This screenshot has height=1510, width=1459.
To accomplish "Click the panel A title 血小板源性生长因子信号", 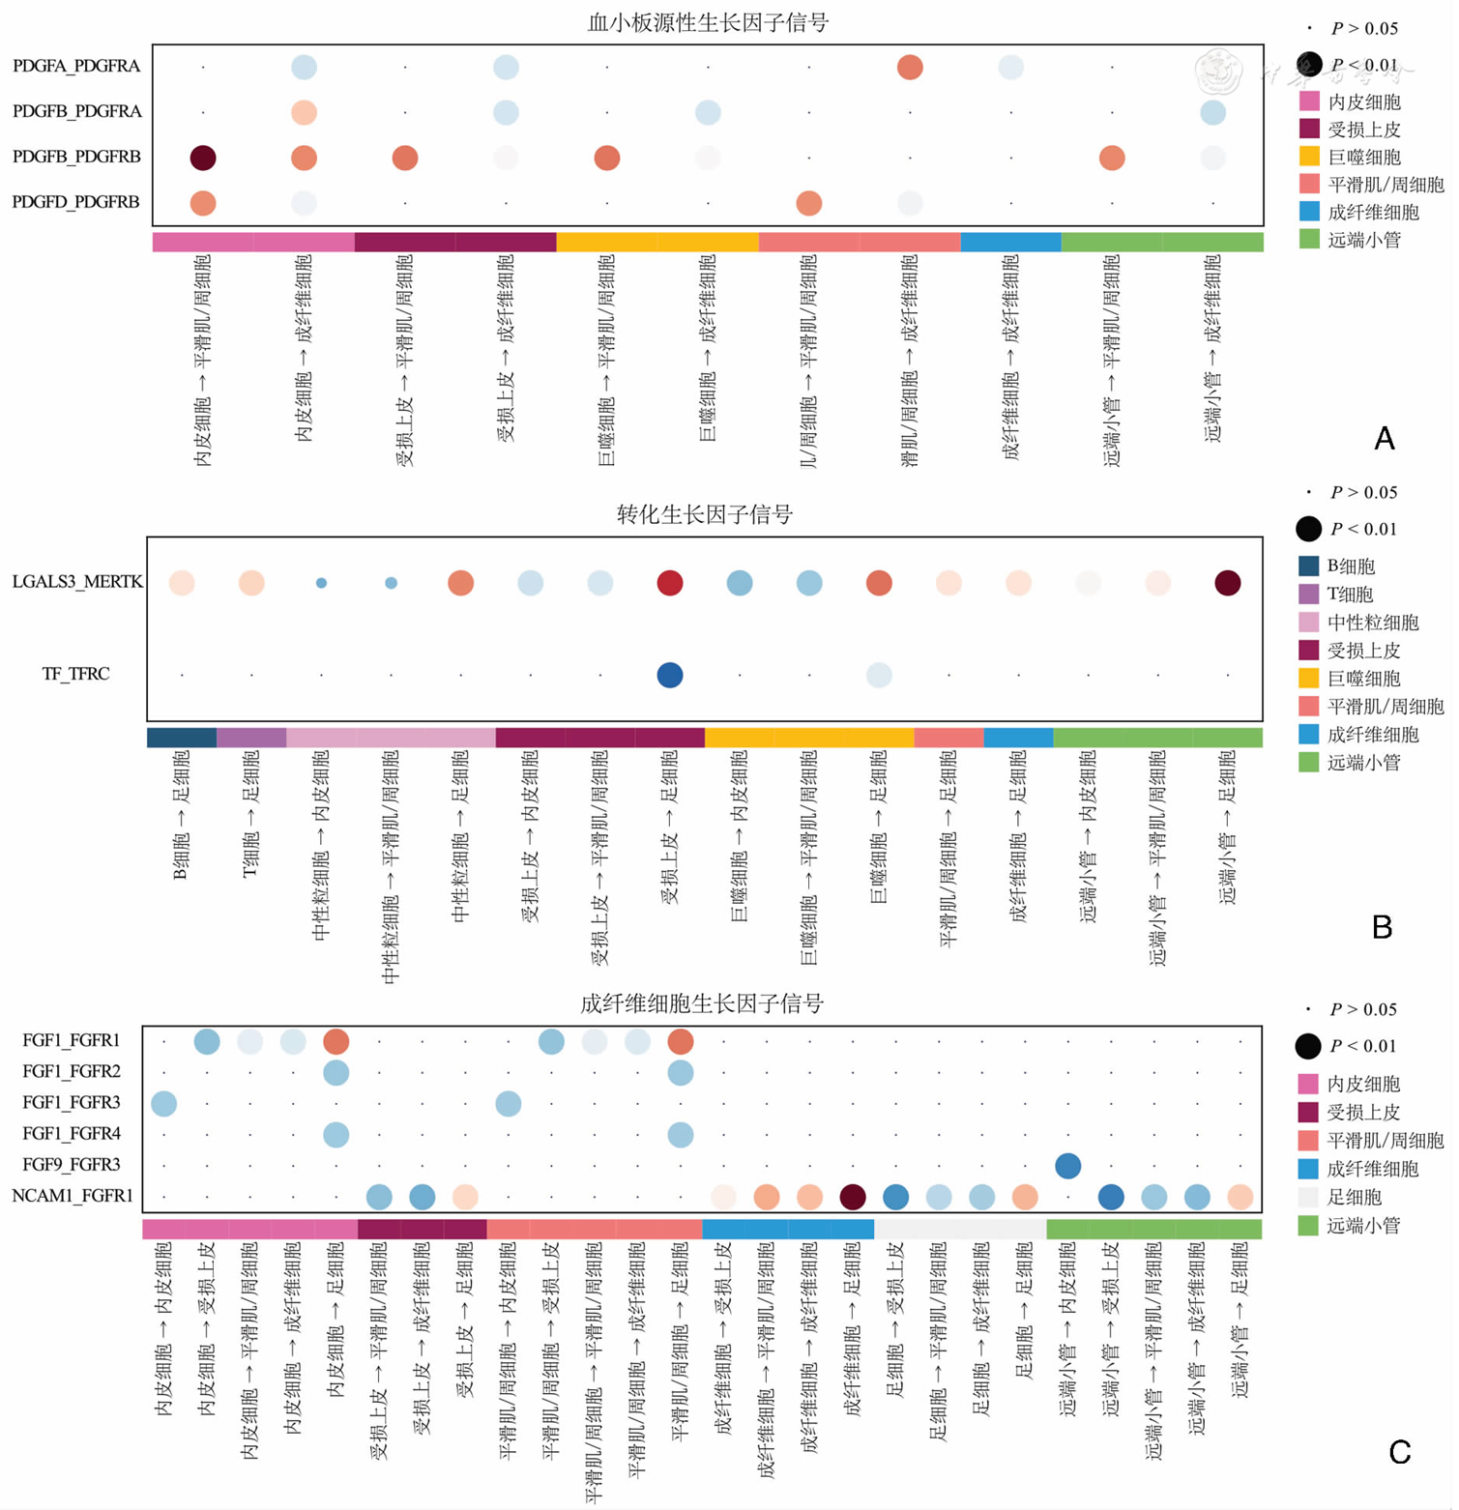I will [x=708, y=22].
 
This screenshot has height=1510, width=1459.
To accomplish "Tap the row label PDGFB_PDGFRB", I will [x=76, y=157].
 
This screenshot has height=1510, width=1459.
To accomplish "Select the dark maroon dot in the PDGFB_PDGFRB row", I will [x=203, y=158].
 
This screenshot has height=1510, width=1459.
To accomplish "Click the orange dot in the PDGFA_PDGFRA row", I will [x=910, y=67].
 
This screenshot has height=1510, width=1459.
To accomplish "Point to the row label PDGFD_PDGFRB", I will [x=76, y=202].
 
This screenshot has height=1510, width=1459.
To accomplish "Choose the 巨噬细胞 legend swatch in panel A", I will [x=1310, y=157].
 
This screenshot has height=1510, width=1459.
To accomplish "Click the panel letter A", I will [x=1384, y=439].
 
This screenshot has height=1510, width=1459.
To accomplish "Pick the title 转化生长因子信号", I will [x=704, y=514].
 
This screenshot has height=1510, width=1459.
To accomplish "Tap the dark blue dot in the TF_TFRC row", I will [x=670, y=675].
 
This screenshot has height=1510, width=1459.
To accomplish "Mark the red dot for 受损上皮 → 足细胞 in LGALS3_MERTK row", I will [x=670, y=583].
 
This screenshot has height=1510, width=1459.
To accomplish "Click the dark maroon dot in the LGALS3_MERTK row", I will [x=1228, y=583].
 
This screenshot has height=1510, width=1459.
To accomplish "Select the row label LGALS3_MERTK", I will [x=77, y=582].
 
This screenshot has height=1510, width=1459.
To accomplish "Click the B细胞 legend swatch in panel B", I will [x=1309, y=566].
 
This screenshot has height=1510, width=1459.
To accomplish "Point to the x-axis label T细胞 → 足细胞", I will [x=251, y=815].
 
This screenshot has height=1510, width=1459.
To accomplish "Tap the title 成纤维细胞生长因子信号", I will [x=702, y=1003].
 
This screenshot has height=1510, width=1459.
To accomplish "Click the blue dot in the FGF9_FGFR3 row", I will [x=1067, y=1166].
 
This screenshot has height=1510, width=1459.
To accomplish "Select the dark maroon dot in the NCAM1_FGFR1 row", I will [x=853, y=1197].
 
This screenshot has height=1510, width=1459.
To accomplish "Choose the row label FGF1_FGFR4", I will [x=72, y=1133].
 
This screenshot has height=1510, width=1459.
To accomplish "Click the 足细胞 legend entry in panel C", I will [x=1354, y=1197].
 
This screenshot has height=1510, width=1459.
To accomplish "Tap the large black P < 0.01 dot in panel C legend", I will [x=1308, y=1046].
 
